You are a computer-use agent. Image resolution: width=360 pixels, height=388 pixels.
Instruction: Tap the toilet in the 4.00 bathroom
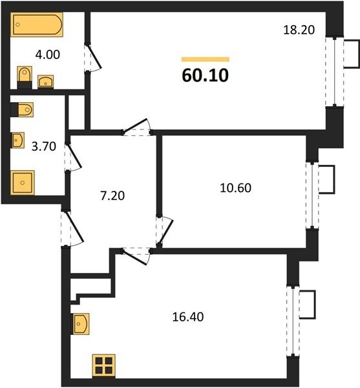click(25, 77)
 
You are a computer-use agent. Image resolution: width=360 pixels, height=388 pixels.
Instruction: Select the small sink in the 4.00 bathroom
click(45, 81)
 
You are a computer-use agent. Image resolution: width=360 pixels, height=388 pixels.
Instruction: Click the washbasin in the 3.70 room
click(18, 140)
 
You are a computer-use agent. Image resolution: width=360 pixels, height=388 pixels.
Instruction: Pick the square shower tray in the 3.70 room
click(22, 182)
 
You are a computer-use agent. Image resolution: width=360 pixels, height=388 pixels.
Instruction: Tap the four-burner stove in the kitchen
click(104, 365)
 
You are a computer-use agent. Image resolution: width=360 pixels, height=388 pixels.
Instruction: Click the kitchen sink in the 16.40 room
click(80, 324)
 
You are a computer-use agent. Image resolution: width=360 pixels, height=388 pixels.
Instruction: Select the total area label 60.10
click(206, 76)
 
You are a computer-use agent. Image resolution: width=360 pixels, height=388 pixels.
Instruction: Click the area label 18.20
click(299, 30)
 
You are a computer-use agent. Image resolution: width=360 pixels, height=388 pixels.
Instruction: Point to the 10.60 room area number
click(236, 188)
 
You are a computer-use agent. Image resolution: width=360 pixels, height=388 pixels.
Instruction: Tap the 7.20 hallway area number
click(112, 196)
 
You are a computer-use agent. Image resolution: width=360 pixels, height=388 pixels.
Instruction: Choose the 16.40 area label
click(188, 317)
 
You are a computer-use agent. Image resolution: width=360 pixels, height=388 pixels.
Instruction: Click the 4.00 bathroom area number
click(47, 55)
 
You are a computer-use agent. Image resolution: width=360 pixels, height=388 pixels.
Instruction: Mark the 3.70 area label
click(44, 147)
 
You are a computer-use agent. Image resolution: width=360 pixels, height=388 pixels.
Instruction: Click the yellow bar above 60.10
click(206, 59)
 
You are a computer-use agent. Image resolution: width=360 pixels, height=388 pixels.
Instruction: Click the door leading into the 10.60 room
click(164, 232)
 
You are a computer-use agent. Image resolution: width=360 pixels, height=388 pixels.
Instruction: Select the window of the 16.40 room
click(293, 321)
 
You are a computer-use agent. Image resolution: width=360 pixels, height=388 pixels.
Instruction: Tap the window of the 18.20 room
click(335, 72)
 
